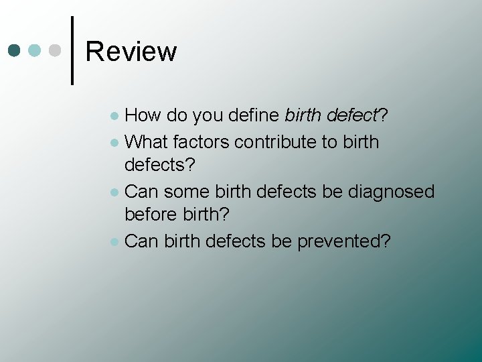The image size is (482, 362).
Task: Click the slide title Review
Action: pyautogui.click(x=131, y=52)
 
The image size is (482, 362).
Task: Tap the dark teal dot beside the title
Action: pyautogui.click(x=14, y=50)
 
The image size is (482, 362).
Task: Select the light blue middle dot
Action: pyautogui.click(x=35, y=50)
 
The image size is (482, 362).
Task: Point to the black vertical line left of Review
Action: pyautogui.click(x=72, y=50)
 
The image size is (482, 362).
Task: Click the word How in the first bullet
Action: pyautogui.click(x=143, y=115)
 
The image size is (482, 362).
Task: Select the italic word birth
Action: pyautogui.click(x=303, y=115)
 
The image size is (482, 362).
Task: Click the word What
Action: pyautogui.click(x=146, y=141)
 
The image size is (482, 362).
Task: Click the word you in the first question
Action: pyautogui.click(x=208, y=116)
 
